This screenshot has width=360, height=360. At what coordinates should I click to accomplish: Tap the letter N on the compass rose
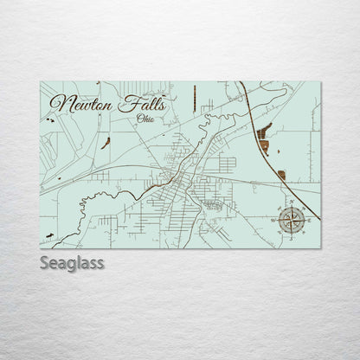pos(290,205)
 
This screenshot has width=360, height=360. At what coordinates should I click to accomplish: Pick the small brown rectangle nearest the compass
pos(281,176)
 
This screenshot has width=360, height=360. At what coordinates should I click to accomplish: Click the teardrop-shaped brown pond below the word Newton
pos(105,143)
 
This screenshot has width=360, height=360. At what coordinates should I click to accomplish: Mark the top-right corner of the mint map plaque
pos(319,81)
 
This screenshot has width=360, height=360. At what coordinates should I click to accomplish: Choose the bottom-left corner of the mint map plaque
pos(40,248)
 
